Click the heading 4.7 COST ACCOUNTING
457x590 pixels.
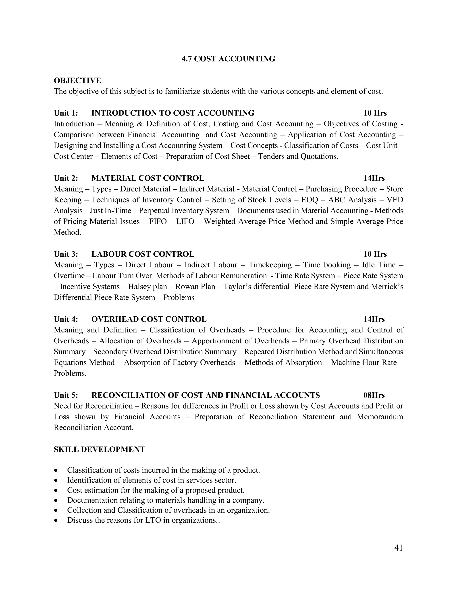pos(228,59)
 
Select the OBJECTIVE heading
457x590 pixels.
pos(77,80)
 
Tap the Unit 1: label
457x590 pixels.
pos(66,113)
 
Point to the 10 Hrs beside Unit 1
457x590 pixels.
pos(375,113)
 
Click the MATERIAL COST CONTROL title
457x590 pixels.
pos(148,178)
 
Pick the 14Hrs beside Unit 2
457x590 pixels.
pos(374,178)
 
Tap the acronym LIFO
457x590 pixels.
pos(185,221)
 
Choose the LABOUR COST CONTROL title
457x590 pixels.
pos(143,254)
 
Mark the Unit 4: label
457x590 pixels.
pos(66,319)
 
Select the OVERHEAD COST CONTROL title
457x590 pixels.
pos(149,319)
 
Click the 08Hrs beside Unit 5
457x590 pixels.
pos(374,395)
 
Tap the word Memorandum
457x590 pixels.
pos(380,417)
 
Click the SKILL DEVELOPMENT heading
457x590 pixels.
pos(99,450)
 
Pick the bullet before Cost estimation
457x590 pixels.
pos(56,491)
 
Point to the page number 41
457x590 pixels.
pos(398,548)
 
